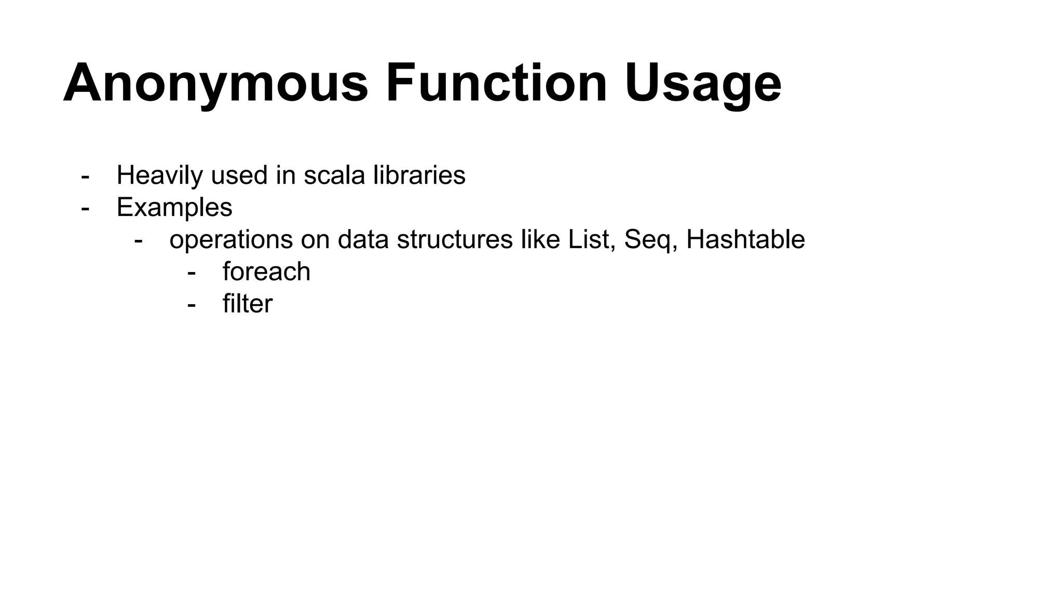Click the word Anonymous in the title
[x=215, y=84]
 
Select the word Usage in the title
[x=703, y=84]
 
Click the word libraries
[x=419, y=175]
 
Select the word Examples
[x=174, y=208]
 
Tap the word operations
[x=231, y=240]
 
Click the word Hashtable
[x=745, y=240]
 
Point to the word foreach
[x=266, y=272]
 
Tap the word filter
[x=247, y=304]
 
